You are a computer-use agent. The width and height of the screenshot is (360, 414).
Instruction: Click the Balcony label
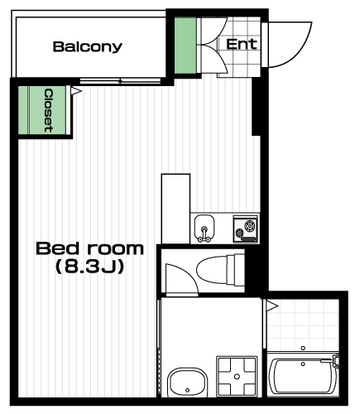88,46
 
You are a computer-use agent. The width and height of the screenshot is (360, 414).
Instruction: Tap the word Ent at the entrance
242,44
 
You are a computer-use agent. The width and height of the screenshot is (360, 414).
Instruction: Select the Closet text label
49,110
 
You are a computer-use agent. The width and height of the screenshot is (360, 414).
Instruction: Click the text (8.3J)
90,267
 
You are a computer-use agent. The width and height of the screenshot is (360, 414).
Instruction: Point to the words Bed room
90,248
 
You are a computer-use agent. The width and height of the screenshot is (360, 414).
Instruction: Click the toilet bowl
220,270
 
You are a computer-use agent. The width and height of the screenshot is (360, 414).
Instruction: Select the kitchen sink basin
204,228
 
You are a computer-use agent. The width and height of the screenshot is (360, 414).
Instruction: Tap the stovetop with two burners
246,229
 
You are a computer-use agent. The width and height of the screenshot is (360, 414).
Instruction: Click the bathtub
303,376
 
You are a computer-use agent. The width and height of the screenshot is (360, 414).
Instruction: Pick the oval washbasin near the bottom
188,383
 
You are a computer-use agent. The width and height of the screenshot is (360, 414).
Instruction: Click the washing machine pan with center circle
237,376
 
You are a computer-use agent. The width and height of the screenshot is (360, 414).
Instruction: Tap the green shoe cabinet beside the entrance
185,46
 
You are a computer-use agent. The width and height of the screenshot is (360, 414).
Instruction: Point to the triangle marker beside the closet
75,91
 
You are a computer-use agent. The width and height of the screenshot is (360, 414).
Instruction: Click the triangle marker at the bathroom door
271,306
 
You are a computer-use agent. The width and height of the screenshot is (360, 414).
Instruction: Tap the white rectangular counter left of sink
175,209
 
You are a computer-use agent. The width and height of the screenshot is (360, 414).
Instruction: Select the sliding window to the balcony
120,81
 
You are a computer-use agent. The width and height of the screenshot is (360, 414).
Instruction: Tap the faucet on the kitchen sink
204,234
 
